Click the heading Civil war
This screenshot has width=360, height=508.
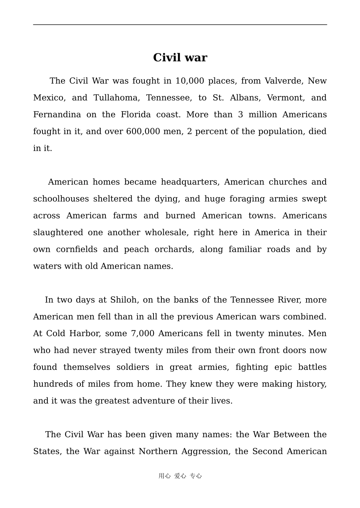[180, 58]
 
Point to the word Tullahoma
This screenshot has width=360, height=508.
[116, 98]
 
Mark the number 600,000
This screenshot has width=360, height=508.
[143, 132]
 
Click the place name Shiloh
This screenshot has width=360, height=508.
[124, 300]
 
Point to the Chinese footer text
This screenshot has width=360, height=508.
[180, 476]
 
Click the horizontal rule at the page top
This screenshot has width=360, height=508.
[180, 25]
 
